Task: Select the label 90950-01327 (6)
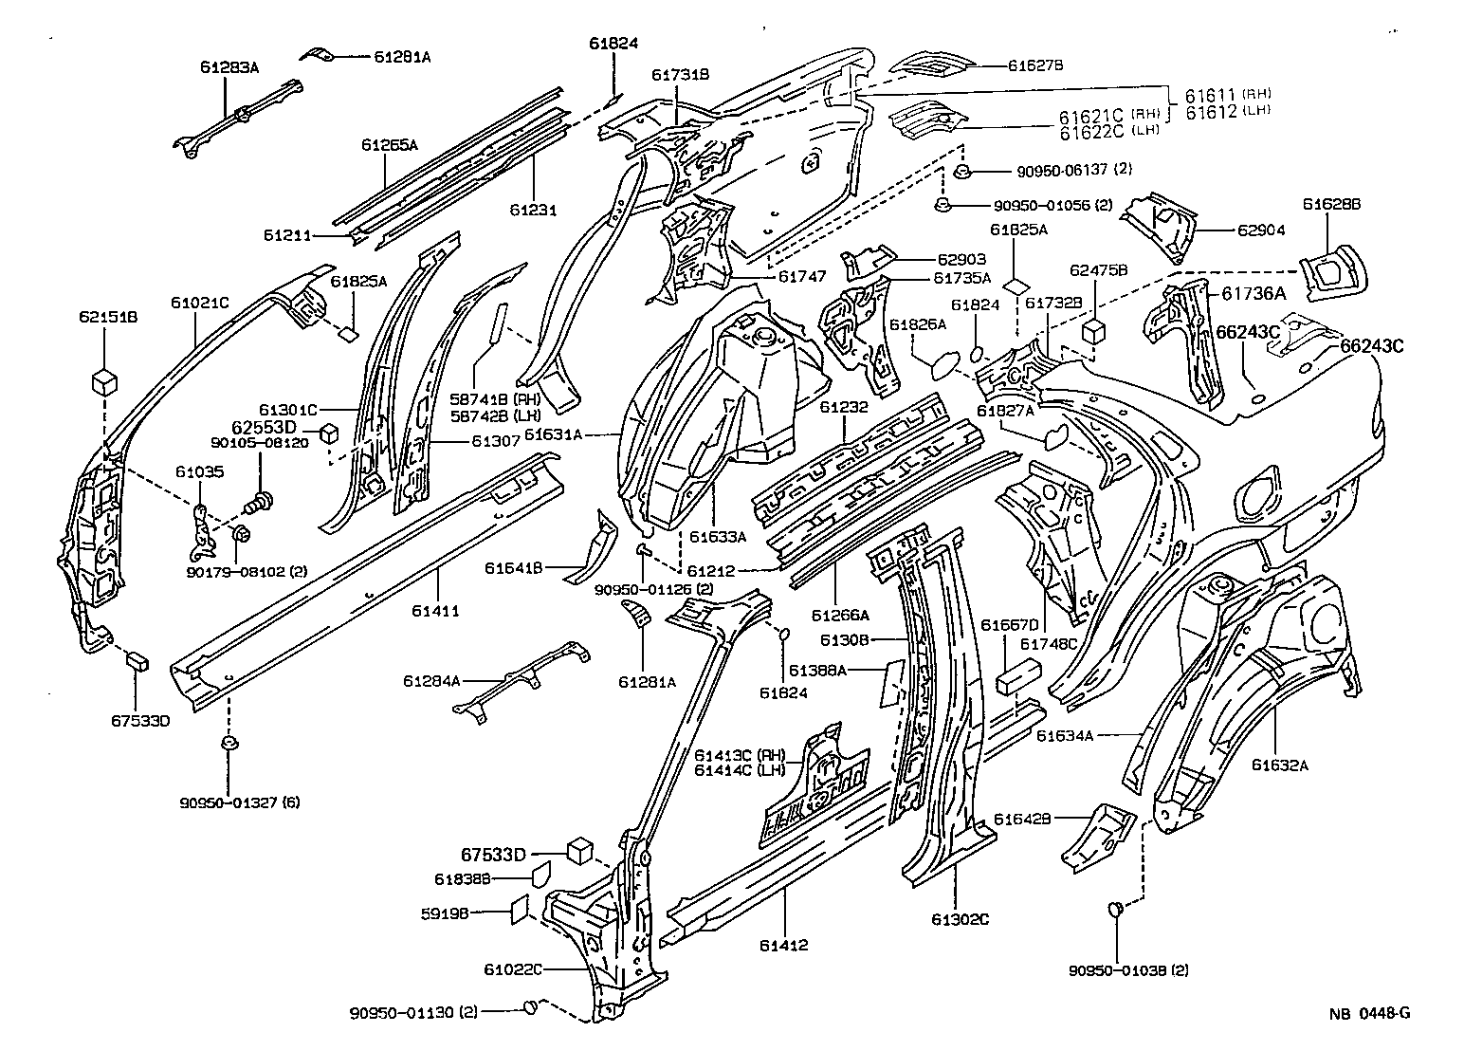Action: click(x=240, y=802)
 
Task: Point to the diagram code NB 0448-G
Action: click(x=1368, y=1013)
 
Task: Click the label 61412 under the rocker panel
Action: click(x=783, y=945)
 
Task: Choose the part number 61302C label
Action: click(x=960, y=918)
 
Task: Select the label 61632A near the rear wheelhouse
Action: click(x=1279, y=765)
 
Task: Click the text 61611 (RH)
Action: click(x=1227, y=94)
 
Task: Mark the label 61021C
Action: click(x=200, y=303)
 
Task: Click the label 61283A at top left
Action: click(x=229, y=66)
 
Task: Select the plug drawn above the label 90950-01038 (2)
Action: click(x=1115, y=911)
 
